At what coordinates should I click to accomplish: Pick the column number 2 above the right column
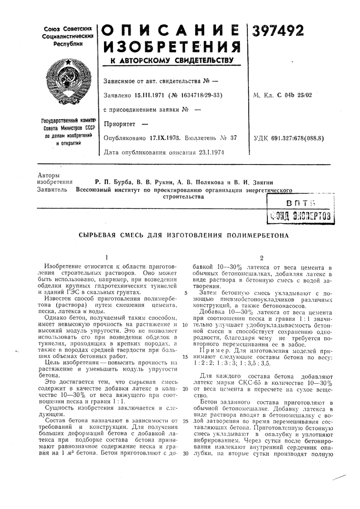pyautogui.click(x=261, y=257)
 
